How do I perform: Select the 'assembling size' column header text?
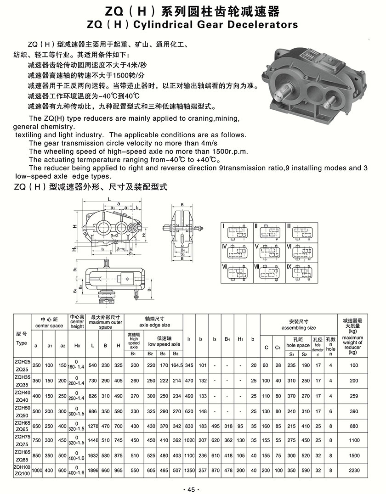(x=299, y=328)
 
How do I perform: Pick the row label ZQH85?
(x=22, y=452)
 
